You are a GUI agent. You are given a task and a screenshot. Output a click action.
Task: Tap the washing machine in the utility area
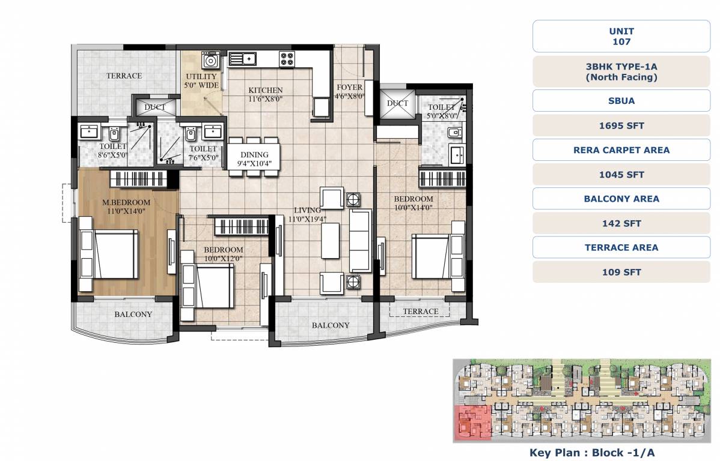coord(210,61)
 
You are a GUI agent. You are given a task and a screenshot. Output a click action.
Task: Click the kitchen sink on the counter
coord(242,58)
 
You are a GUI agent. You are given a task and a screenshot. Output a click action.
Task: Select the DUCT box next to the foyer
coord(397,104)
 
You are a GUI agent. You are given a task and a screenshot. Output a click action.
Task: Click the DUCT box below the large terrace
coord(155,107)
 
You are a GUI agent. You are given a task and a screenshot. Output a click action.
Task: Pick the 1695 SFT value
coord(621,126)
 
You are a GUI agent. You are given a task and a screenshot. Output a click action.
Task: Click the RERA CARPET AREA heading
coord(621,150)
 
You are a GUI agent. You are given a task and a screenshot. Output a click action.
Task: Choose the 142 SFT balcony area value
coord(621,223)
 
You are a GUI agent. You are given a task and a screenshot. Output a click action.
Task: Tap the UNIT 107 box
coord(621,37)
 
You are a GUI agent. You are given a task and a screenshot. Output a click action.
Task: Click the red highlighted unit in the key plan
coord(471,423)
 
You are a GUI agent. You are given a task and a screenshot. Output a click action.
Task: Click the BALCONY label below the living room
coord(330,325)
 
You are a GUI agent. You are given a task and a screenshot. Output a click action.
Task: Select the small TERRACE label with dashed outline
coord(420,311)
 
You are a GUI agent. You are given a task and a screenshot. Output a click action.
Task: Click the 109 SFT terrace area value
coord(621,272)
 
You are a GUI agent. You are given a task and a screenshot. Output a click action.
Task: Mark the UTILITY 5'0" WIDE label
coord(201,81)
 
